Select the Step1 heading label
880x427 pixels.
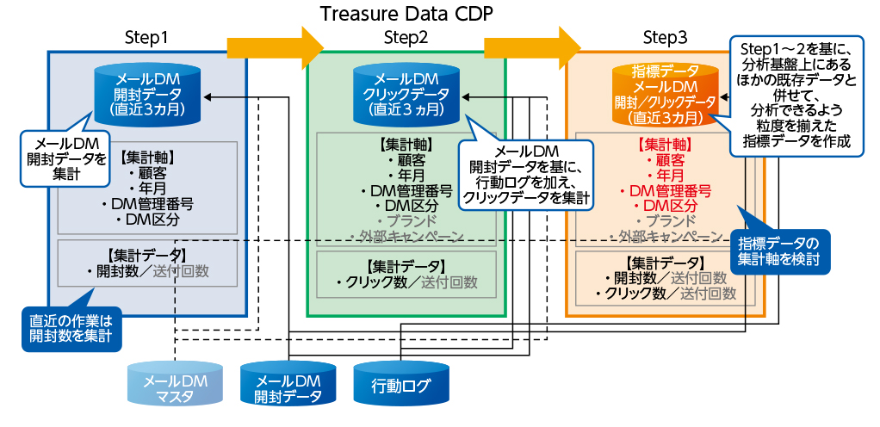pyautogui.click(x=146, y=38)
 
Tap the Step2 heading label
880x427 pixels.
pyautogui.click(x=406, y=38)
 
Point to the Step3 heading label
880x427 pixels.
pyautogui.click(x=665, y=38)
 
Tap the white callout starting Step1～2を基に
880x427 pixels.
pyautogui.click(x=796, y=95)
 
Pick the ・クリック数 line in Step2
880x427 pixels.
pyautogui.click(x=406, y=282)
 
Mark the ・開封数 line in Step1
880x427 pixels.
pyautogui.click(x=147, y=271)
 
